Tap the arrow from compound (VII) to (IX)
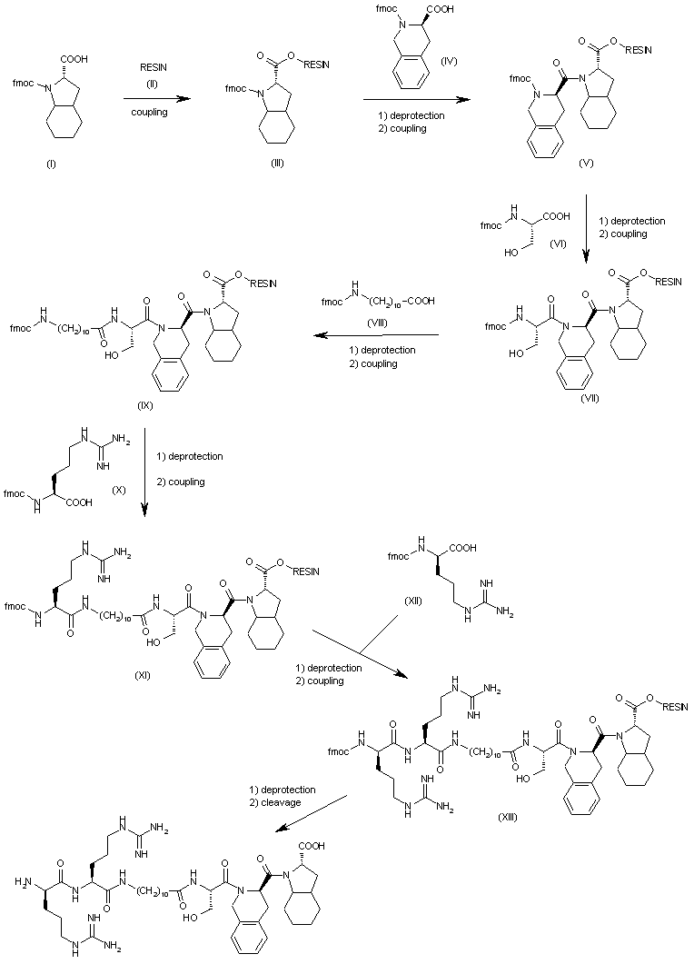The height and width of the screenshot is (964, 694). pos(376,335)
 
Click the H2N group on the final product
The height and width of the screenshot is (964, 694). pos(23,881)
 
